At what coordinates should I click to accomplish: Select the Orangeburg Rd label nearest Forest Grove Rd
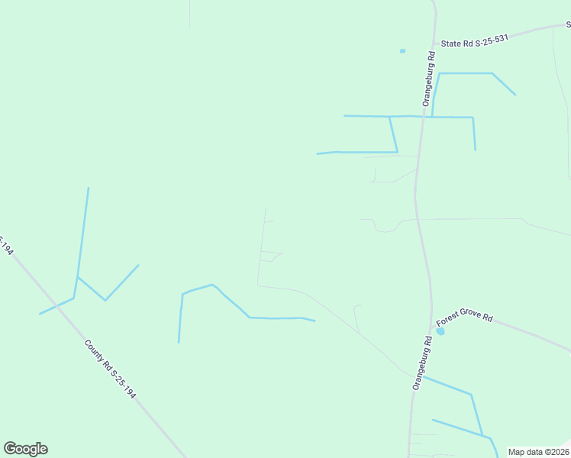click(421, 363)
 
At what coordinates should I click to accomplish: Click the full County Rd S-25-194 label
click(111, 370)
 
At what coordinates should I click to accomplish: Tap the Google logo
click(25, 449)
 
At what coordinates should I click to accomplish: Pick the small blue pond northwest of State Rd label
click(402, 51)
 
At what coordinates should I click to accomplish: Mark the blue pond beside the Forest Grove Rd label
click(440, 331)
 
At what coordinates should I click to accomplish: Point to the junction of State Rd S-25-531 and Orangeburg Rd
click(434, 44)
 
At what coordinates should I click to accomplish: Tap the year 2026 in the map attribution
click(558, 452)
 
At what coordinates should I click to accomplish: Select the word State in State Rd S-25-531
click(451, 44)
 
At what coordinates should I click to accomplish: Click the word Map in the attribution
click(517, 452)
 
